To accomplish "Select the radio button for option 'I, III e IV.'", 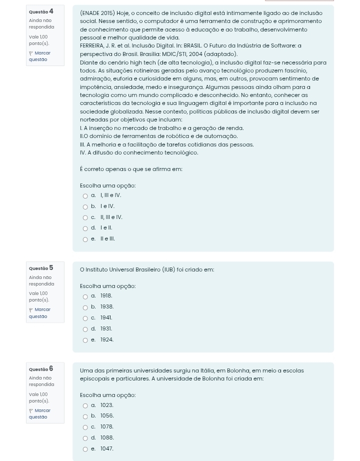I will point(85,196).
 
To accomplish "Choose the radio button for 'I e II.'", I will point(85,228).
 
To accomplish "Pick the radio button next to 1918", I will point(85,296).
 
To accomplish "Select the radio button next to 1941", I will point(85,318).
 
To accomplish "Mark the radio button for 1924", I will point(85,340).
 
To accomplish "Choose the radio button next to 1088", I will point(85,438).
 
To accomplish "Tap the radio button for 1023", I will point(85,406).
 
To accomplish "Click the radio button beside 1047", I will point(85,449).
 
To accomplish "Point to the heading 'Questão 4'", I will point(41,11).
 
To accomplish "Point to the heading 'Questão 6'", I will point(41,369).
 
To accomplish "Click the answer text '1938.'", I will point(107,307).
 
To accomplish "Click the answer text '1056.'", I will point(107,416).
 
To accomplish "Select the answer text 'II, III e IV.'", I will point(111,217).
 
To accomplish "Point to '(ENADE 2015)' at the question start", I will point(97,13).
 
